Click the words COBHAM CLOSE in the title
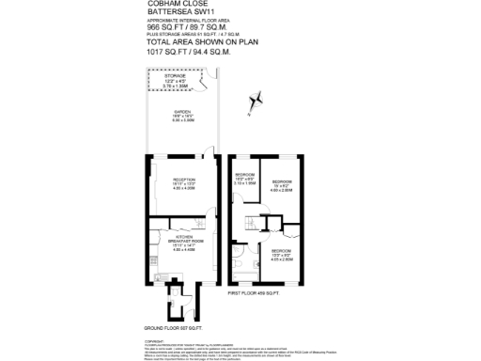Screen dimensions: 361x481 click(174, 5)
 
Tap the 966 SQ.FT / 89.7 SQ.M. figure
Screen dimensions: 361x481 click(189, 28)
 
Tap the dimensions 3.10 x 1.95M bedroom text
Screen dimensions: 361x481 click(246, 184)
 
